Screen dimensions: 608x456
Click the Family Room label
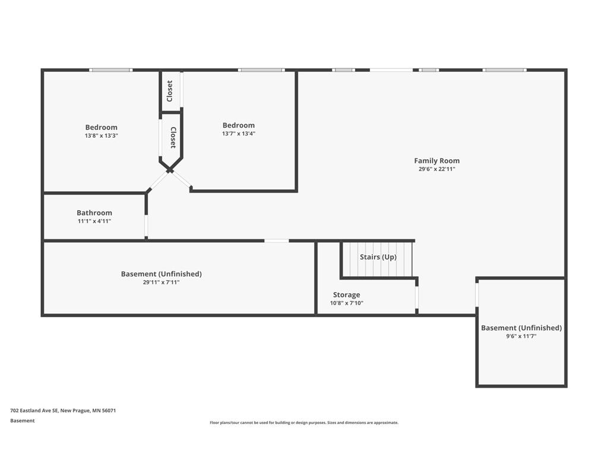[436, 160]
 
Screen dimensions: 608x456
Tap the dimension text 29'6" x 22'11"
[436, 169]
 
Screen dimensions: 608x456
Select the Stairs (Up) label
[378, 257]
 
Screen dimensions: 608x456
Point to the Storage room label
[346, 294]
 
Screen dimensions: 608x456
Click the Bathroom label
[94, 213]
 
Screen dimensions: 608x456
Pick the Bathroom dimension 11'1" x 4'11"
[94, 221]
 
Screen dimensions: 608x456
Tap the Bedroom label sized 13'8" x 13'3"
[101, 127]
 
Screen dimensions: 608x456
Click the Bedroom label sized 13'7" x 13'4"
[239, 125]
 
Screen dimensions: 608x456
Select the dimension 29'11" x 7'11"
[161, 282]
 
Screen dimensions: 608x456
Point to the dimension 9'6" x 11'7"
[521, 336]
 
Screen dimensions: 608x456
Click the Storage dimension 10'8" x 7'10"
[347, 303]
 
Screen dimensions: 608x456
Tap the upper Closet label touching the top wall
[169, 91]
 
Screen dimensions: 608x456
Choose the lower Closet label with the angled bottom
[173, 138]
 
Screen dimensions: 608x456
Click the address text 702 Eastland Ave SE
[34, 410]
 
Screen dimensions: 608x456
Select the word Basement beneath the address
[23, 421]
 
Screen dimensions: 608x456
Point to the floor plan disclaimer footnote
[304, 423]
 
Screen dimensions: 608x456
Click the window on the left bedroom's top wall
[111, 70]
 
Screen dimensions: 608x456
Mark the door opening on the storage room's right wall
[417, 297]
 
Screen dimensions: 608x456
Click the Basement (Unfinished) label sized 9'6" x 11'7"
[521, 328]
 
